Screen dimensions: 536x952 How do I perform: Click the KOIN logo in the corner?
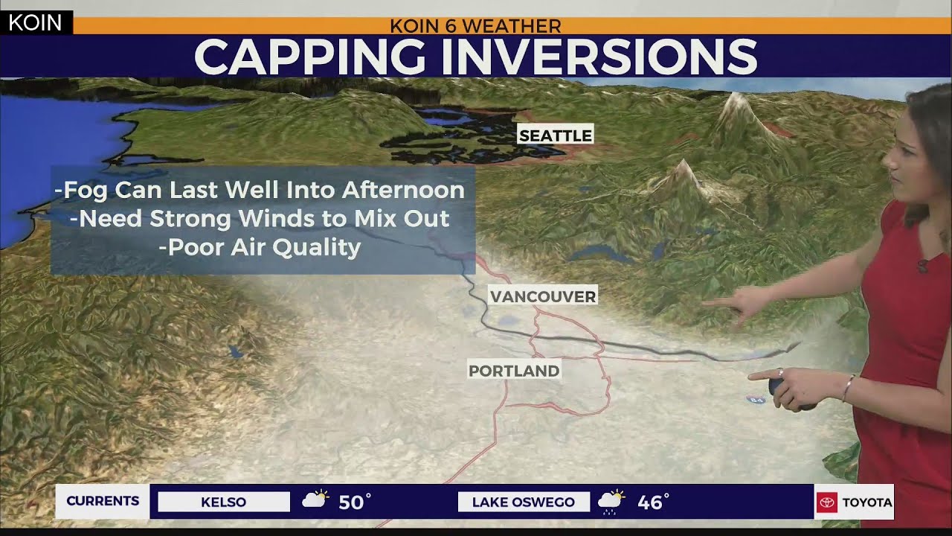[x=35, y=22]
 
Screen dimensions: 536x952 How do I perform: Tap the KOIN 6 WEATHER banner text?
[x=475, y=26]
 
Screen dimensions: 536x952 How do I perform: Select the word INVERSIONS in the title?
[x=599, y=57]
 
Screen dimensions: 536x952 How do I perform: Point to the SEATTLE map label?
[x=555, y=135]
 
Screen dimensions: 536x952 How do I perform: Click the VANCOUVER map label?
[x=543, y=297]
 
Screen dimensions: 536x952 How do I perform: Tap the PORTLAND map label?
[x=513, y=371]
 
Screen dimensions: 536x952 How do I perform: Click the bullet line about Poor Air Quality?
[x=260, y=247]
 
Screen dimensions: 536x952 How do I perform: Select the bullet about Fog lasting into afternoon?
[x=260, y=190]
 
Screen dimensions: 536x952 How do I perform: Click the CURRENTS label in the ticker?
[x=103, y=501]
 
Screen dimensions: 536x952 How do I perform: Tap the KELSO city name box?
[x=223, y=502]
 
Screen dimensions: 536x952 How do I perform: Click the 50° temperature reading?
[x=354, y=502]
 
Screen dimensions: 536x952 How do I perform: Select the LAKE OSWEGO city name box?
[x=523, y=502]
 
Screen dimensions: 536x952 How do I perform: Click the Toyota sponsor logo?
[x=854, y=502]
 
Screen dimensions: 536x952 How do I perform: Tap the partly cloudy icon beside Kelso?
[x=315, y=500]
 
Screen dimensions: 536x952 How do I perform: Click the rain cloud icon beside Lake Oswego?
[x=611, y=502]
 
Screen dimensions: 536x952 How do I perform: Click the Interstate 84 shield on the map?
[x=756, y=400]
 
